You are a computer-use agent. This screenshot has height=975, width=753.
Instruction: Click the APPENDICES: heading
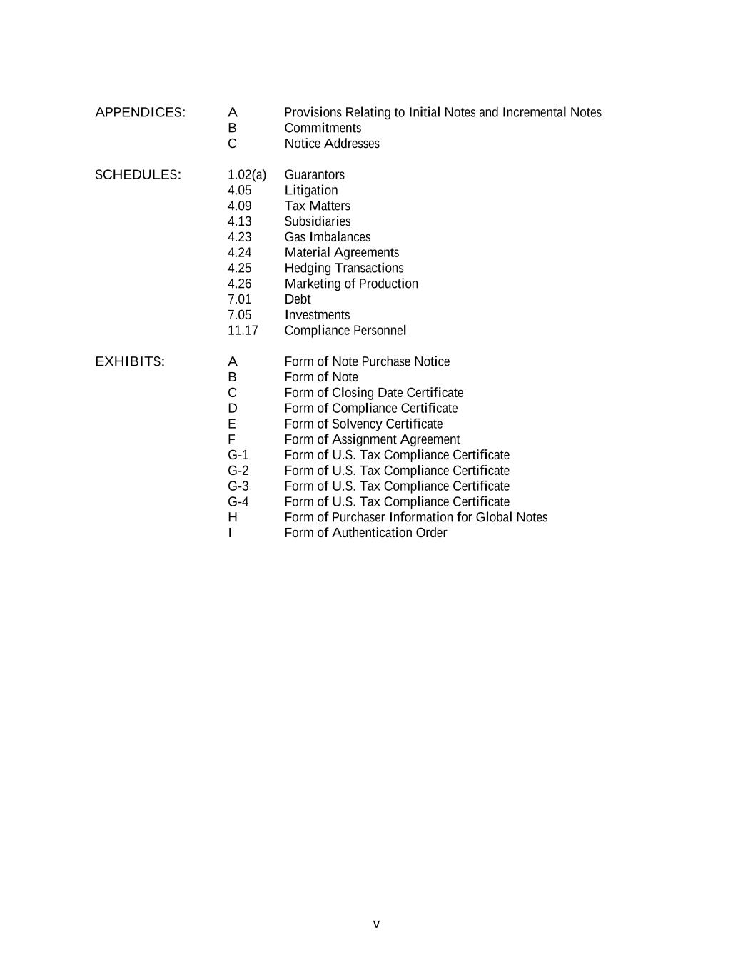point(140,112)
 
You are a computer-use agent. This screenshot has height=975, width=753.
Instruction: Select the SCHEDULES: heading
point(138,175)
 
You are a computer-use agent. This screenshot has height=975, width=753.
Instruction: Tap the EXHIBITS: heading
point(130,361)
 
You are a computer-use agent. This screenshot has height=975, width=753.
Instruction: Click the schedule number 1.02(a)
point(246,175)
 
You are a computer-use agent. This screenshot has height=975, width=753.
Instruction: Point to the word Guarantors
point(314,175)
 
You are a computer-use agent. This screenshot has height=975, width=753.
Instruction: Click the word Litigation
point(311,191)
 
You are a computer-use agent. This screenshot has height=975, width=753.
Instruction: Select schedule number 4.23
point(239,237)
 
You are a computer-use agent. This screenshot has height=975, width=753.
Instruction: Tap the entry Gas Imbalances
point(328,237)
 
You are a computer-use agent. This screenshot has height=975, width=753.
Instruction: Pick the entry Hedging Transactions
point(344,269)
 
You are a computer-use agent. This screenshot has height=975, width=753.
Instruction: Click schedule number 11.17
point(243,331)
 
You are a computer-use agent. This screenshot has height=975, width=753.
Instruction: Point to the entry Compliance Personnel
point(345,331)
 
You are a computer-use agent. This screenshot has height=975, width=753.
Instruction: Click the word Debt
point(298,299)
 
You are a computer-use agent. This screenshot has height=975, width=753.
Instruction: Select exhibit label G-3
point(238,486)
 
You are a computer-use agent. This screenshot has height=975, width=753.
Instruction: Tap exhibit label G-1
point(238,455)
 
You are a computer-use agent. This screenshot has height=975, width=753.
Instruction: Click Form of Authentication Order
point(365,533)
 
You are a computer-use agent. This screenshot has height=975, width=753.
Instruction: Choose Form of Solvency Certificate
point(363,424)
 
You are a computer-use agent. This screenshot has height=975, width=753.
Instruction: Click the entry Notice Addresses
point(332,144)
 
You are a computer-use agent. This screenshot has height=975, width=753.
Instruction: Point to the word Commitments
point(323,128)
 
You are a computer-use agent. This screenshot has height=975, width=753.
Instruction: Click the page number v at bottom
point(376,924)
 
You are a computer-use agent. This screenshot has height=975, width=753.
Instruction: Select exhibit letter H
point(233,517)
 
